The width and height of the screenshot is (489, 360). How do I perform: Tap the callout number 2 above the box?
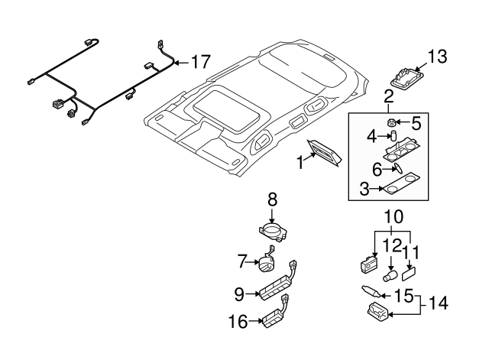388,96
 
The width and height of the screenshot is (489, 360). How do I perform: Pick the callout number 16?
238,322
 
